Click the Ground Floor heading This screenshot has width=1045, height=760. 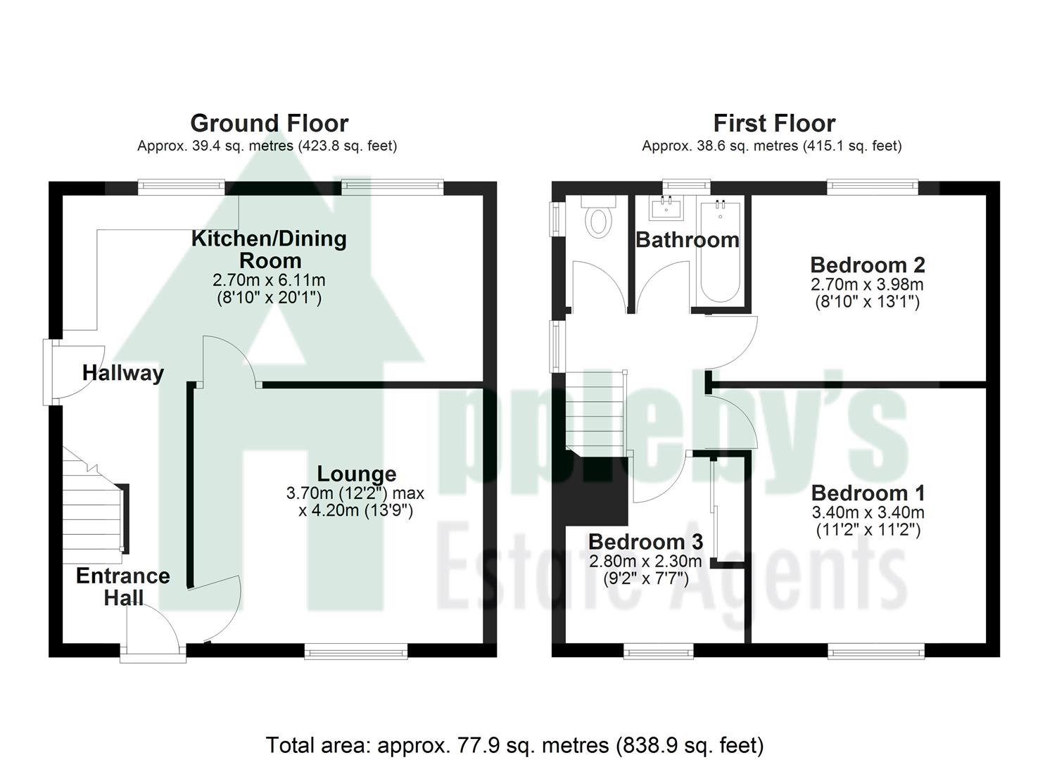269,123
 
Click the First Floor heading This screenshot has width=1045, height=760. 774,123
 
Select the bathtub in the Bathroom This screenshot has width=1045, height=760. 720,253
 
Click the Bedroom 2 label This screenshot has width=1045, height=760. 867,265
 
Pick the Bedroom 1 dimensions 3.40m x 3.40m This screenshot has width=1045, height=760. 868,512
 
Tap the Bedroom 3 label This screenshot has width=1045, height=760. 645,542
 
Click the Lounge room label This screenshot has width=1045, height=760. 356,474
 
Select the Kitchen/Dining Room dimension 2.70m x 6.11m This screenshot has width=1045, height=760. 269,280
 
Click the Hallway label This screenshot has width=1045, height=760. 123,373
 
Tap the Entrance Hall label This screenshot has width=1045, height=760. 123,587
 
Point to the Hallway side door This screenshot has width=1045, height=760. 51,372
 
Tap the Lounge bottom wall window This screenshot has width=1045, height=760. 356,652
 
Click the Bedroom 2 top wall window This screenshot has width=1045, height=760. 873,187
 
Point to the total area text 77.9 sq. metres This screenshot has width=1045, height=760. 514,745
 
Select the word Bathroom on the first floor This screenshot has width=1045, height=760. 687,240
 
